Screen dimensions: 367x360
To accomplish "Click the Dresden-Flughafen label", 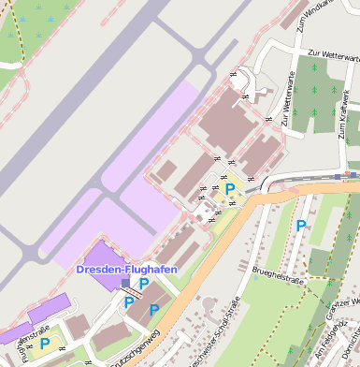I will (126, 270).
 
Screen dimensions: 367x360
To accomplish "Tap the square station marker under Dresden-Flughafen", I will (126, 282).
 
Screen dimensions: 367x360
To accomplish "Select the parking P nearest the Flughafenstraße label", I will (44, 344).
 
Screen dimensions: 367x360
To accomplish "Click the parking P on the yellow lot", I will (230, 189).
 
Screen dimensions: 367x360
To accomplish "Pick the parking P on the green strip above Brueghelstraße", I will (300, 226).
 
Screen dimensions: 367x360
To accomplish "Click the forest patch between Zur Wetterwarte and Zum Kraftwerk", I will (318, 94).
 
